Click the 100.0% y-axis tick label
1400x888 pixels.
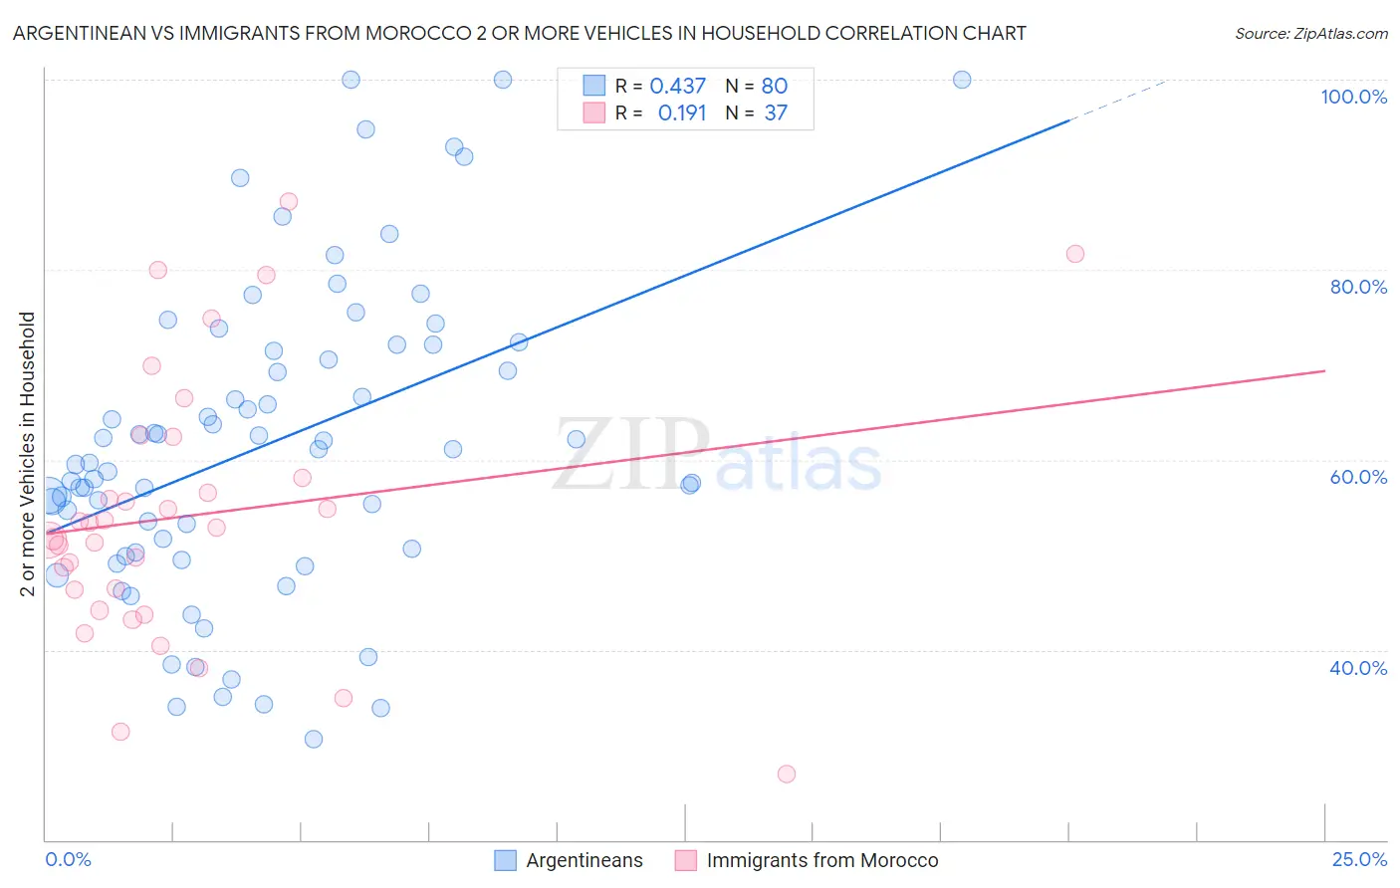click(x=1353, y=97)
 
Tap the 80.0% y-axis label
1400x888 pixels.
click(x=1358, y=287)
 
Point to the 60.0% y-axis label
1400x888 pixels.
click(x=1358, y=477)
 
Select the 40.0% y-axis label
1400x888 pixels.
click(x=1358, y=668)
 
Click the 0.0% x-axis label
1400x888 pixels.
click(x=68, y=859)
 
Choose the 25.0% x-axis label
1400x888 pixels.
click(x=1359, y=859)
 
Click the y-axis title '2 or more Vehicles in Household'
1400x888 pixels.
click(x=28, y=454)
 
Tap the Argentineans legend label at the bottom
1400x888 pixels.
click(x=584, y=860)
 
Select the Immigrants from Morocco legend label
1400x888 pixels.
click(x=822, y=860)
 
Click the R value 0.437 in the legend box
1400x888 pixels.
click(x=677, y=87)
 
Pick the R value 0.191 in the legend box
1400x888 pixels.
click(x=682, y=113)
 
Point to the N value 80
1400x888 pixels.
click(x=775, y=87)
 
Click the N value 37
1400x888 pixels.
click(x=776, y=113)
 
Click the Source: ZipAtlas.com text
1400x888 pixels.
click(x=1310, y=34)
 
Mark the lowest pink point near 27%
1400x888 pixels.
click(x=787, y=774)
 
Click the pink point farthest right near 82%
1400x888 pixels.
click(x=1075, y=254)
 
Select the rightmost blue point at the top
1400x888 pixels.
click(x=962, y=80)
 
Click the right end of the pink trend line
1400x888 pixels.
click(x=1324, y=370)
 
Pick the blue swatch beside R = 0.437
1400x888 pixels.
click(x=593, y=87)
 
